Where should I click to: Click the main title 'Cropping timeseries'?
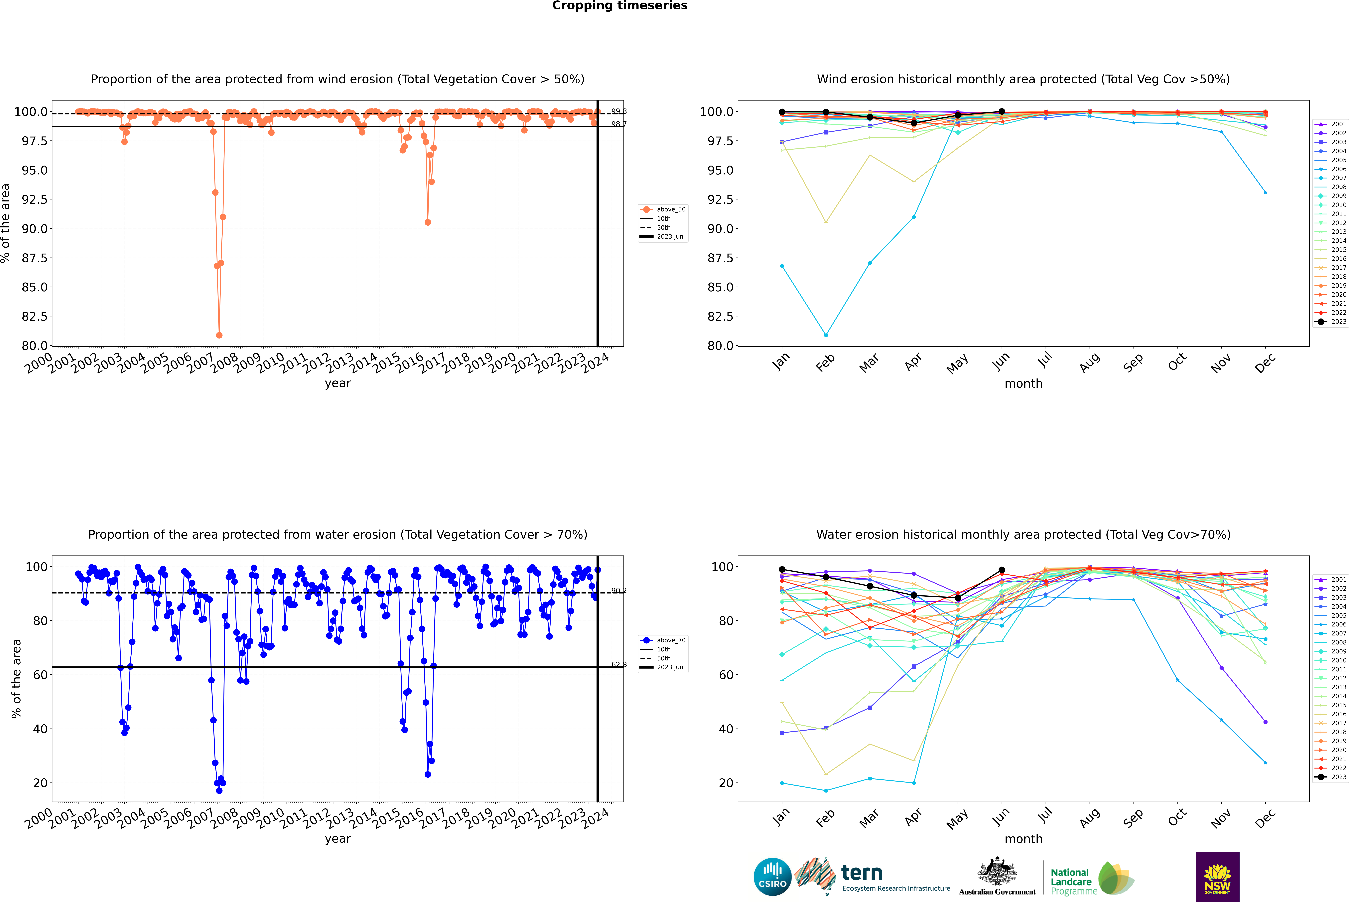[619, 6]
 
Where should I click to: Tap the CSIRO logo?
[772, 877]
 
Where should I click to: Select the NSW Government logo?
[1217, 877]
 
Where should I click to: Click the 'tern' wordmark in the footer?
[861, 873]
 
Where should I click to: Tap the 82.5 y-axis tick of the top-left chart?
[35, 316]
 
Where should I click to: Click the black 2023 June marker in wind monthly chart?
[1002, 112]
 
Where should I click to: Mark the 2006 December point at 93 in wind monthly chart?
[1265, 192]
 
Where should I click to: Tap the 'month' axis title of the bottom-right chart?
[1023, 839]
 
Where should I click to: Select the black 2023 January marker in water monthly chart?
[782, 569]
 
